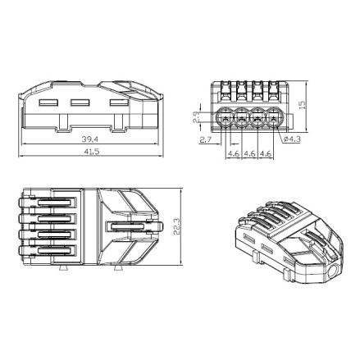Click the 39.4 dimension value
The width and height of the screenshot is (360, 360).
[90, 139]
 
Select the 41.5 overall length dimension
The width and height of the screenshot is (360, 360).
[91, 152]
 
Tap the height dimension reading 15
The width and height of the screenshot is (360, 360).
[302, 104]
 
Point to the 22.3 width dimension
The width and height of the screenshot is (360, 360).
[176, 226]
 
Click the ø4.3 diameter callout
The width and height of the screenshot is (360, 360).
[292, 139]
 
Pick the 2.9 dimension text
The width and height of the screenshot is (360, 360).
[196, 117]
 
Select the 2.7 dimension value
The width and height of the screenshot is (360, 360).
[206, 140]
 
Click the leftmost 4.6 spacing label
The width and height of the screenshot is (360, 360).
[234, 153]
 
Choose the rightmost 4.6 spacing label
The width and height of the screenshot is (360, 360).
[266, 153]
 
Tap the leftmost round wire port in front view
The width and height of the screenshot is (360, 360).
[226, 118]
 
